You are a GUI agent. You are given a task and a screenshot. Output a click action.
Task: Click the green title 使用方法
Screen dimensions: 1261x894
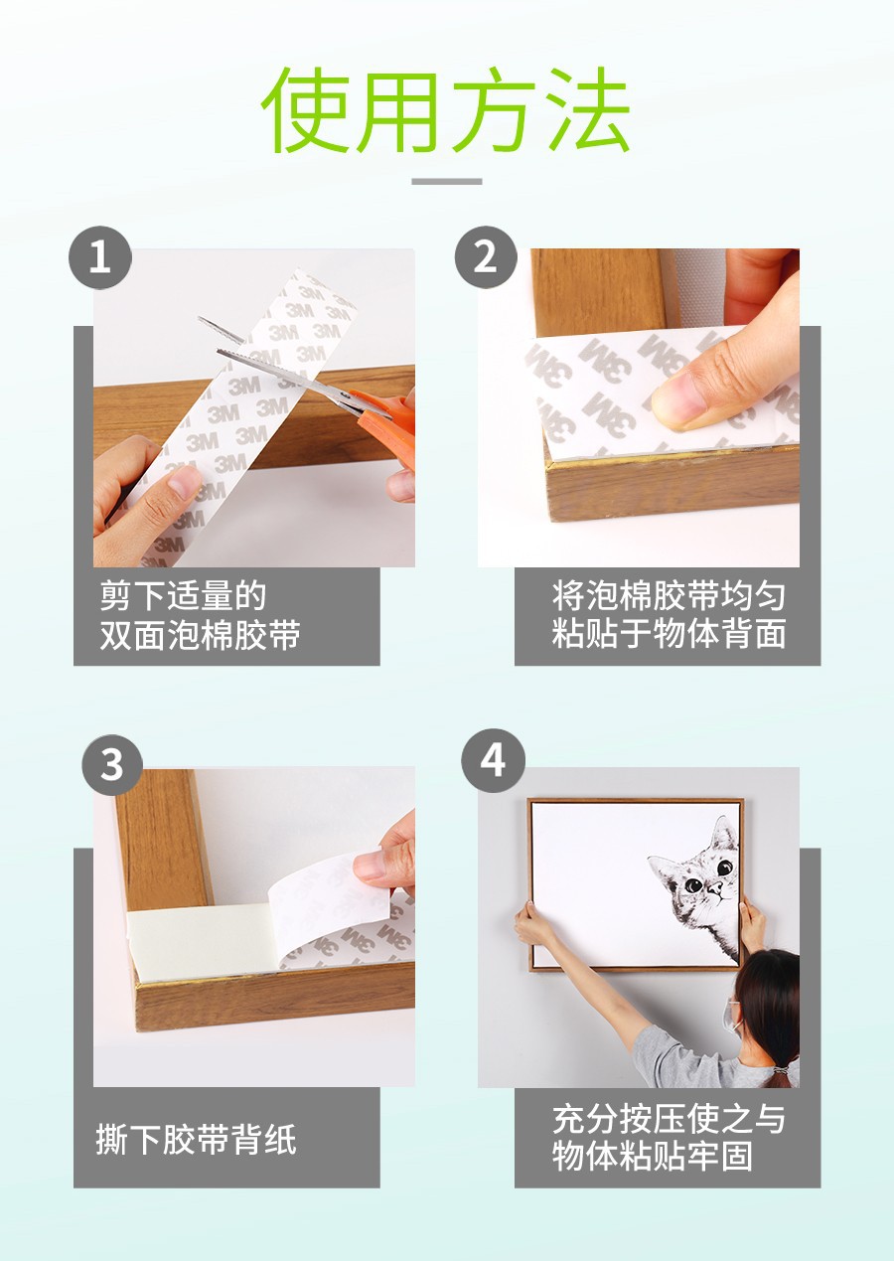coord(446,110)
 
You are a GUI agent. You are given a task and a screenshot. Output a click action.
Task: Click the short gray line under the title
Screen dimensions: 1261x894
coord(446,182)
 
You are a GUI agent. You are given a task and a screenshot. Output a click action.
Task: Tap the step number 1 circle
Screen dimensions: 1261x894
coord(99,257)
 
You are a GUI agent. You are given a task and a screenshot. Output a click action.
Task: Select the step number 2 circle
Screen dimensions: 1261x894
coord(485,257)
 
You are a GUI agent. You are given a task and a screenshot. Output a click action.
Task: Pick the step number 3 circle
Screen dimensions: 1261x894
coord(111,765)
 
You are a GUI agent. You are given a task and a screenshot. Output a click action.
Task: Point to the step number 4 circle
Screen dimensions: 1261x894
coord(493,761)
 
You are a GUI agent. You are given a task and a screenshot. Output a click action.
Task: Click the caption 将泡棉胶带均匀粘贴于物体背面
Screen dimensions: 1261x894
coord(669,616)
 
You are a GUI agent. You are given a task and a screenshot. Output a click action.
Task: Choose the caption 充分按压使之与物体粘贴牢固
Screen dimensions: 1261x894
coord(669,1137)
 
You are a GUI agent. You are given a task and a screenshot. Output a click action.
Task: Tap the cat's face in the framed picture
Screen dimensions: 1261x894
coord(701,875)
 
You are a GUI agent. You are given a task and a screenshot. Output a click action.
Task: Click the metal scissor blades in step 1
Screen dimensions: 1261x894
coord(278,369)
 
